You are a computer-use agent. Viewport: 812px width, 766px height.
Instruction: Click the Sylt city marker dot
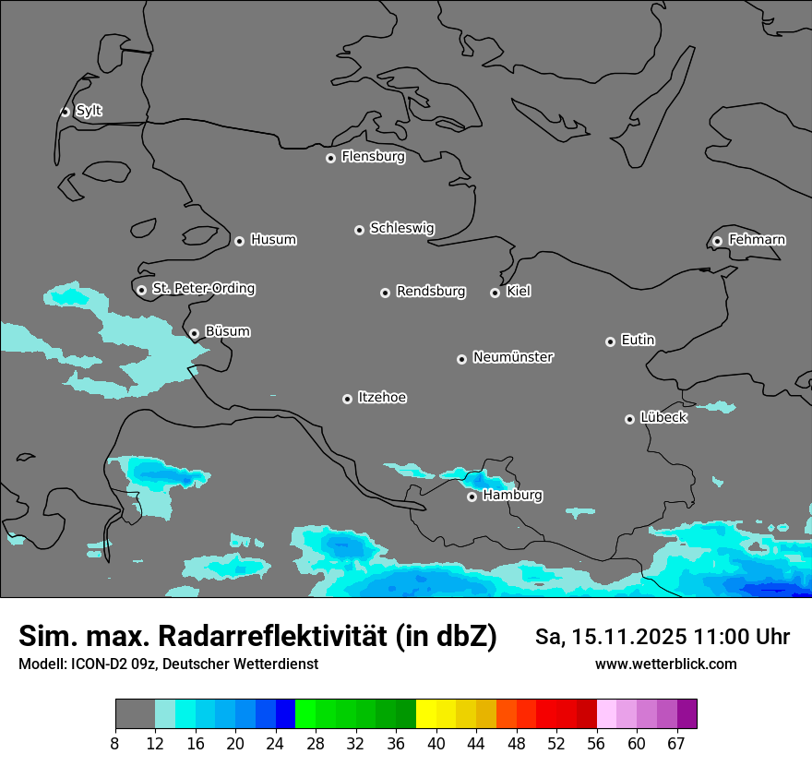(66, 112)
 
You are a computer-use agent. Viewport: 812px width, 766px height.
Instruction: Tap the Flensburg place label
(373, 157)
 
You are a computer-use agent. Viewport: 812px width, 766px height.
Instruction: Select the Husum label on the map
(273, 240)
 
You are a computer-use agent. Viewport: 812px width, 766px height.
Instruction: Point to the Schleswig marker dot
(360, 230)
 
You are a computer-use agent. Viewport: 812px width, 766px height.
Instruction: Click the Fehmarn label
(757, 240)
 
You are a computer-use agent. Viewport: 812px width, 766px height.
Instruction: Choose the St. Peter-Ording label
(203, 289)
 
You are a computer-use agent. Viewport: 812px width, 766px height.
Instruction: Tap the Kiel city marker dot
(496, 293)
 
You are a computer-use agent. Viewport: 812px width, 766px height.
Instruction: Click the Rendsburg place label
(431, 292)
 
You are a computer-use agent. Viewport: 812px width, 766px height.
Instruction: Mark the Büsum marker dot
(194, 334)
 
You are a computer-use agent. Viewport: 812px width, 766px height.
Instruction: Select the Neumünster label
(513, 357)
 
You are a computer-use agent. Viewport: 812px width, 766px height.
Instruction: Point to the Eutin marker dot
(610, 341)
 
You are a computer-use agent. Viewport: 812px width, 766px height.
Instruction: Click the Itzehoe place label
(382, 398)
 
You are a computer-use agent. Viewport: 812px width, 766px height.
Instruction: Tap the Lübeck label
(663, 418)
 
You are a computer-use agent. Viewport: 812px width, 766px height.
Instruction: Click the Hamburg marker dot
(472, 497)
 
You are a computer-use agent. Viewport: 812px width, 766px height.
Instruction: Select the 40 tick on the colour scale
(436, 743)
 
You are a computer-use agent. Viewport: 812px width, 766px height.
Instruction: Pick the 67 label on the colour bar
(676, 743)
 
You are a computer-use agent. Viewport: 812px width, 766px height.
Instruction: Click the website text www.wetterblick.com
(665, 664)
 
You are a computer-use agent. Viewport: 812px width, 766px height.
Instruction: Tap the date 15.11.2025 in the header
(624, 637)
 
